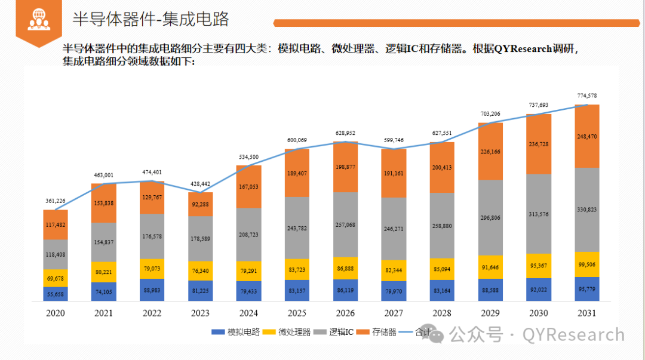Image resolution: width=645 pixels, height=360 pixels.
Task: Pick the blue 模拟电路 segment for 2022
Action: click(x=152, y=290)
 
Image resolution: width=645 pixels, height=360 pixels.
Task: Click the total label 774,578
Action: click(x=587, y=96)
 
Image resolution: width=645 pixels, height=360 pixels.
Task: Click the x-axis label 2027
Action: click(x=394, y=312)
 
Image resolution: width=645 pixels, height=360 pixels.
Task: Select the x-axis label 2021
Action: click(x=103, y=312)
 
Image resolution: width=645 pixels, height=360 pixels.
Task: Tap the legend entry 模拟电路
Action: click(x=242, y=332)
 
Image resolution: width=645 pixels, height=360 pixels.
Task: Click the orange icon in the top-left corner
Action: click(x=39, y=20)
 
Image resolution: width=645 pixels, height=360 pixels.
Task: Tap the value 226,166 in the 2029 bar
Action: click(x=490, y=152)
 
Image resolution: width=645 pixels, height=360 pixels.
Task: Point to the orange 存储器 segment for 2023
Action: click(x=200, y=204)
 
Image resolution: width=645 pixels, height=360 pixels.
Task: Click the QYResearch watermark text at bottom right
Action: click(x=573, y=335)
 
